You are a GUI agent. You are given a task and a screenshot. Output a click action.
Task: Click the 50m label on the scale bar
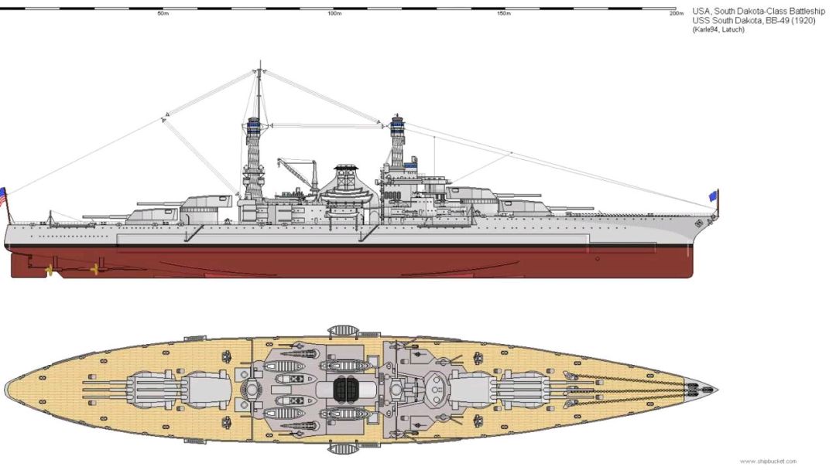pos(163,14)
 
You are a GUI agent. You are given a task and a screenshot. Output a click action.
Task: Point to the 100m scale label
pos(334,14)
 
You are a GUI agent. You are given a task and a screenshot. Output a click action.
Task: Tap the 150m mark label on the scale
pos(504,14)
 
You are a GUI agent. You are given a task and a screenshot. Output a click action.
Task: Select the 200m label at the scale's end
pos(677,14)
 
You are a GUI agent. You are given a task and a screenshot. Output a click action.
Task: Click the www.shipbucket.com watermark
pos(768,461)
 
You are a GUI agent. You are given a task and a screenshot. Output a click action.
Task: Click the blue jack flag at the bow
pos(714,196)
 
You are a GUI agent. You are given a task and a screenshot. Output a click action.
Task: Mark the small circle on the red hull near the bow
pos(598,258)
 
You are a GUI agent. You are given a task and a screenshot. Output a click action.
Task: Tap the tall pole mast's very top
pos(259,63)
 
